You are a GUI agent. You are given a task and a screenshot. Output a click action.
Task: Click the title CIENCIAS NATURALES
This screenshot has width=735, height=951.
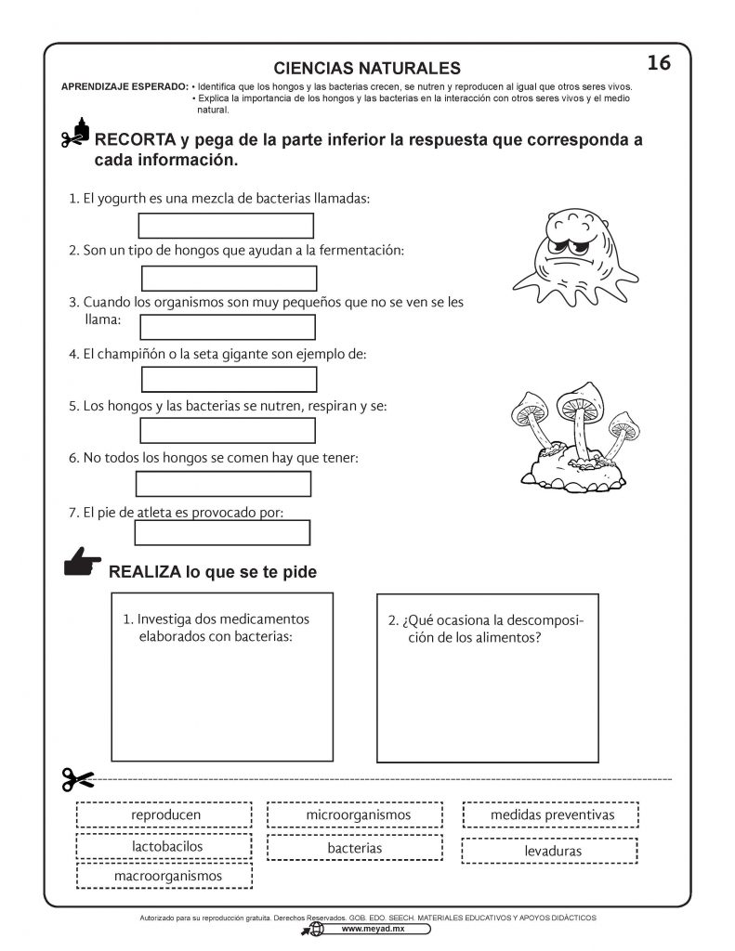coord(368,68)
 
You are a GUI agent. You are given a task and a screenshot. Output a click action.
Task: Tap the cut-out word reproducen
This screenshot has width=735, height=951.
coord(166,815)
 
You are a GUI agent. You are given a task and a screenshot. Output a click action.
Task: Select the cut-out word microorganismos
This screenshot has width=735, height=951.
coord(358,815)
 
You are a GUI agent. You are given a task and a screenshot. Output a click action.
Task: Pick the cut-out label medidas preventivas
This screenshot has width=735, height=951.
coord(552,815)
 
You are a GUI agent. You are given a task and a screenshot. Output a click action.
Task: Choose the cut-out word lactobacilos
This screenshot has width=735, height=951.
coord(166,846)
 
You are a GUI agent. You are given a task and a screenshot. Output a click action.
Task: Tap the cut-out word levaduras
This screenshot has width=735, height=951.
coord(548,851)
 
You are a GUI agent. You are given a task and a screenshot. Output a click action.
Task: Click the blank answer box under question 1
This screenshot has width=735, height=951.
coord(226,226)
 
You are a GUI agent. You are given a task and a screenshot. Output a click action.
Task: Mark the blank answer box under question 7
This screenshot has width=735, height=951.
coord(222,532)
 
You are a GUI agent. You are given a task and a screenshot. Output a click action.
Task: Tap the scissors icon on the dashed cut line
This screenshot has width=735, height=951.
coord(79,778)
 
